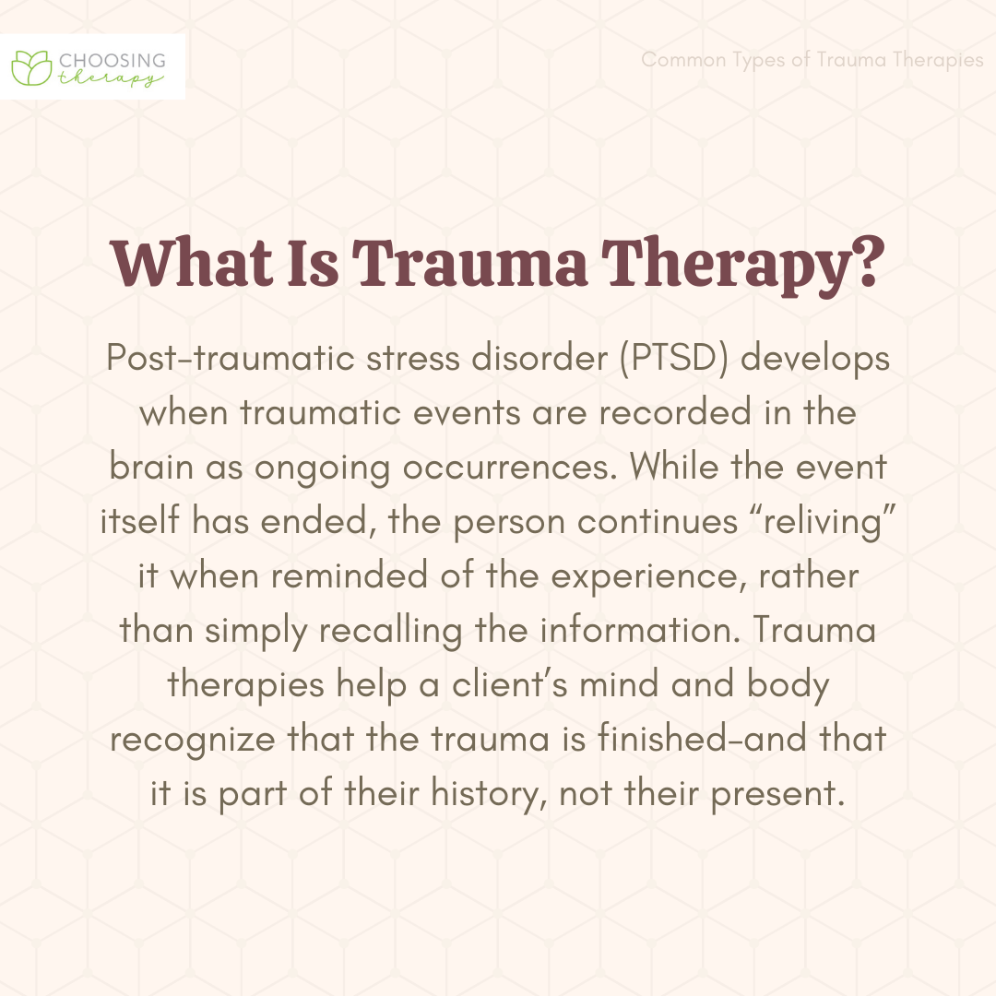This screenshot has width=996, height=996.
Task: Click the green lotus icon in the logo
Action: click(x=31, y=67)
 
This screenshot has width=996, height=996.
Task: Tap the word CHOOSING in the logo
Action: click(x=112, y=60)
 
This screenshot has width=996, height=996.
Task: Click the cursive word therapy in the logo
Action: click(x=111, y=78)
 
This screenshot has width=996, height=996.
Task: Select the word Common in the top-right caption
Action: click(x=683, y=59)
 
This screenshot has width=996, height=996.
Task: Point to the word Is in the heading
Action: click(x=314, y=262)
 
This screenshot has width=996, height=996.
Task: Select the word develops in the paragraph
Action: click(x=815, y=359)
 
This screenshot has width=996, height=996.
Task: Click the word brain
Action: click(x=151, y=467)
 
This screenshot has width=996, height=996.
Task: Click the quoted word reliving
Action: click(x=823, y=522)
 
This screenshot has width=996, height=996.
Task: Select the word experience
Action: click(x=648, y=576)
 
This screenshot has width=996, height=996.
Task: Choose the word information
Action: click(x=640, y=630)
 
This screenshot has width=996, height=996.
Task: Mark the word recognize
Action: click(x=193, y=740)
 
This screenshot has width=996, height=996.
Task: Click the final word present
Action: click(x=778, y=795)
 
